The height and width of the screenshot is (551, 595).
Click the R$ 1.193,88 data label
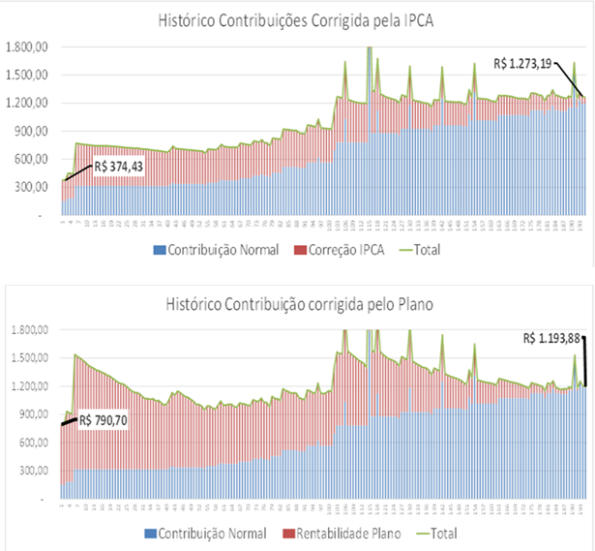[x=554, y=339]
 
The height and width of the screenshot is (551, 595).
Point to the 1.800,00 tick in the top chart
[x=26, y=46]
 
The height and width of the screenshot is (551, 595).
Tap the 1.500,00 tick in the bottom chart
[x=26, y=357]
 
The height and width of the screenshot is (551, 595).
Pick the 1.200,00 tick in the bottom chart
[x=26, y=386]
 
